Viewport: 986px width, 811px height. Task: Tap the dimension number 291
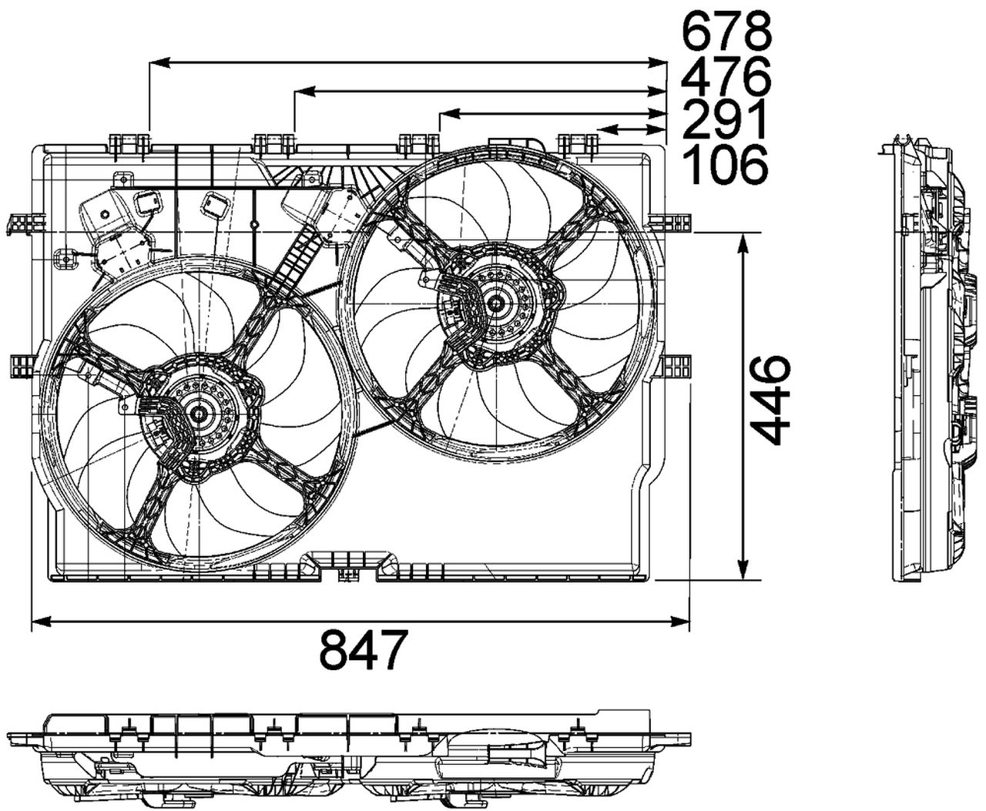726,119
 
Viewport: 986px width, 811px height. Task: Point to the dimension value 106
726,163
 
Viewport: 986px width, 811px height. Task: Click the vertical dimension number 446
770,400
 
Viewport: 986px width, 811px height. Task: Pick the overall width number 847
361,649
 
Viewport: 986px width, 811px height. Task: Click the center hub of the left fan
200,414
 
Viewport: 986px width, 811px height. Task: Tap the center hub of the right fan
495,303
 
